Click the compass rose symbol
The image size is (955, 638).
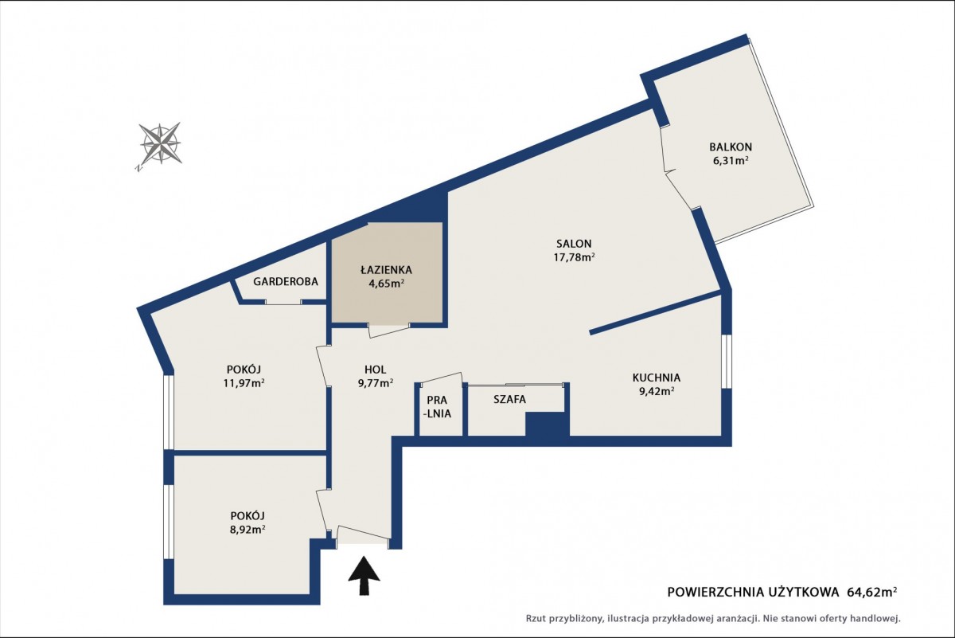tap(160, 145)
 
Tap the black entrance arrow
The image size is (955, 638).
tap(364, 575)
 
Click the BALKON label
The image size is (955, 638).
tap(731, 147)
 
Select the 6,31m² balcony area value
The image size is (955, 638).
tap(730, 161)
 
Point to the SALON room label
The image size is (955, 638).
tap(574, 244)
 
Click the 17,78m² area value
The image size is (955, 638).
tap(574, 257)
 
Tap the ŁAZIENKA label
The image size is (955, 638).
tap(386, 270)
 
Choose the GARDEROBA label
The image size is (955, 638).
tap(285, 282)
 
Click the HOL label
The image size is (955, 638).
tap(375, 369)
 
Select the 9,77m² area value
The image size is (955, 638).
tap(375, 383)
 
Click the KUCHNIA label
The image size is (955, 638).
tap(656, 378)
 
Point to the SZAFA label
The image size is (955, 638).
tap(510, 399)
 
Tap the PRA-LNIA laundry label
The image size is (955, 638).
tap(439, 407)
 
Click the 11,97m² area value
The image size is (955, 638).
tap(244, 383)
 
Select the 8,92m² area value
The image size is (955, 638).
tap(248, 530)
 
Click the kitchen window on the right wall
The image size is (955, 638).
tap(727, 362)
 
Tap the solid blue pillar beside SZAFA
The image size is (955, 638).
tap(548, 425)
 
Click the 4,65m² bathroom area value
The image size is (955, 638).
tap(386, 284)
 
